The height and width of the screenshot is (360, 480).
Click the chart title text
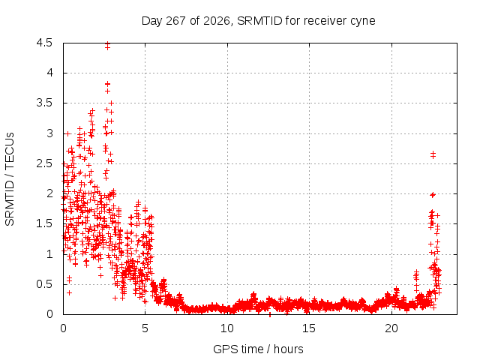[258, 21]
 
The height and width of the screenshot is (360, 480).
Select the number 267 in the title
[175, 21]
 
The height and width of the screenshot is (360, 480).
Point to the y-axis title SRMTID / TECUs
[10, 179]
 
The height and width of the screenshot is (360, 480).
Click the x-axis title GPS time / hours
[258, 349]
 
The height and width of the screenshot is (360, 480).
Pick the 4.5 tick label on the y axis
[45, 43]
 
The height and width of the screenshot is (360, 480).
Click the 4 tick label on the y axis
[50, 73]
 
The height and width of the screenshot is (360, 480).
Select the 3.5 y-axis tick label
[45, 103]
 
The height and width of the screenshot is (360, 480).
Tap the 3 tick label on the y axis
[50, 133]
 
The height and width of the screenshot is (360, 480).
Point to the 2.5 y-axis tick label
[45, 163]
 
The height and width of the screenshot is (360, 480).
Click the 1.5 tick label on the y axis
[45, 223]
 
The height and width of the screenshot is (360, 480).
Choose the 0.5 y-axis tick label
[45, 284]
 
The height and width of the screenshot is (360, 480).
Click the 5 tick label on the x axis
[145, 328]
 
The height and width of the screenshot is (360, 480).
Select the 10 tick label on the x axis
[227, 328]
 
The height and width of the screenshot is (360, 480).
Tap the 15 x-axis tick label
[309, 328]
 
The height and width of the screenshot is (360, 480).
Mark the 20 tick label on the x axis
[391, 328]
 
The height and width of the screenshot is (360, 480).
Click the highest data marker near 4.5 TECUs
[107, 43]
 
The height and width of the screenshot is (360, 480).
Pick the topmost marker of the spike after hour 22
[433, 153]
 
